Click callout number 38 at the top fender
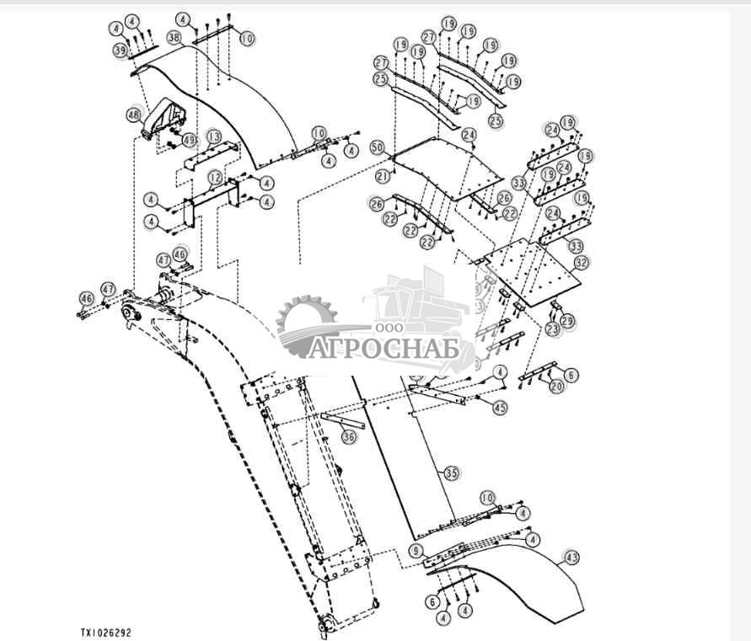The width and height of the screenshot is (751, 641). tap(174, 38)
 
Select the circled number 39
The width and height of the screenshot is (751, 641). tap(121, 51)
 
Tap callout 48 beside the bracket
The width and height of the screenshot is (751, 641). tap(134, 115)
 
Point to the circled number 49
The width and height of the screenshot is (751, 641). tap(189, 140)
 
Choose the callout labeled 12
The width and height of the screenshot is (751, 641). tap(216, 178)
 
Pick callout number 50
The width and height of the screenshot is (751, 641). tap(378, 148)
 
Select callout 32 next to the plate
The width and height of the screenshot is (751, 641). tap(580, 262)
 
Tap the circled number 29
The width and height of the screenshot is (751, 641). tap(567, 322)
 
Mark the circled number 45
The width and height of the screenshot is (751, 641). tap(501, 408)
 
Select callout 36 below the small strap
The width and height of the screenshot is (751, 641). tap(349, 436)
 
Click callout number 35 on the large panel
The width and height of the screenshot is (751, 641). tap(451, 473)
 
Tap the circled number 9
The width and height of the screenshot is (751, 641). tap(416, 550)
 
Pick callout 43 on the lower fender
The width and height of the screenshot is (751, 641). tap(571, 558)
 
